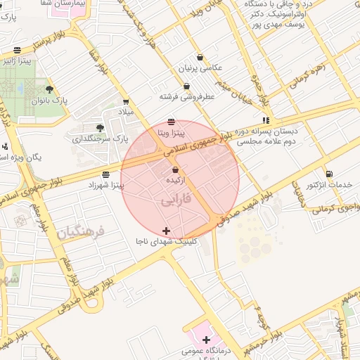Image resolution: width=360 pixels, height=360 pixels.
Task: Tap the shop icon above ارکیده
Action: (175, 170)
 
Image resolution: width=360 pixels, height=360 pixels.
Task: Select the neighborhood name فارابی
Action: (175, 200)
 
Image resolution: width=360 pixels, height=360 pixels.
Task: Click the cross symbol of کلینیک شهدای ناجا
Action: (166, 231)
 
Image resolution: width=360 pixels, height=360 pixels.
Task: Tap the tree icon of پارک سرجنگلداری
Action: (100, 128)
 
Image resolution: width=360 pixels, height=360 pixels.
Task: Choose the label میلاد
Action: (125, 112)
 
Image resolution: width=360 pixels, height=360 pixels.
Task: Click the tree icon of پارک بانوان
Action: (49, 89)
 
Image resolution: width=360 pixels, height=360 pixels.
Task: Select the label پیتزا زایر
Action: (35, 61)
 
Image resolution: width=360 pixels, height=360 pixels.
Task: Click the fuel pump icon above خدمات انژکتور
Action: (329, 174)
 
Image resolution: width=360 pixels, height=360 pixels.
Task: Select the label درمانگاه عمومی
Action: (200, 349)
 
